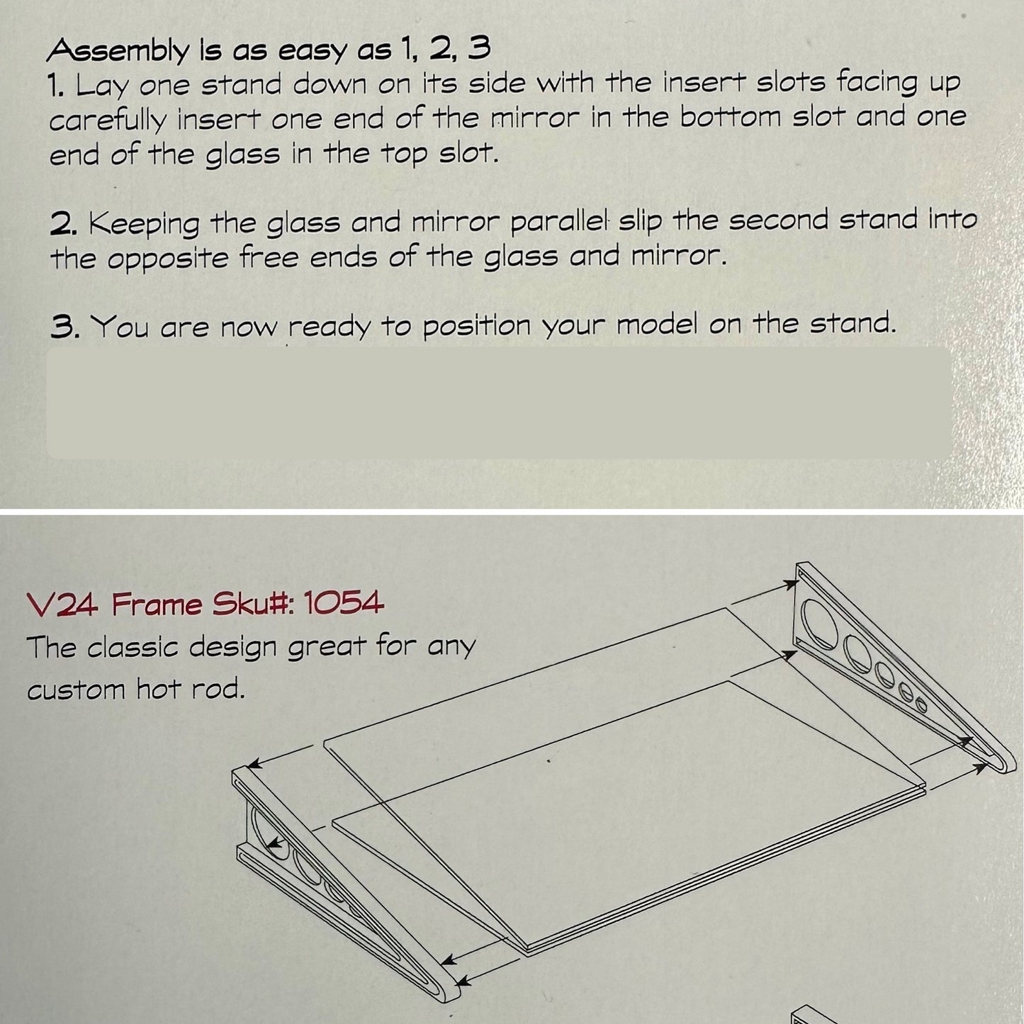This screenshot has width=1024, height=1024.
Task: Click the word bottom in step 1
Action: (732, 117)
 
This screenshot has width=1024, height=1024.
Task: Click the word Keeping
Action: (144, 224)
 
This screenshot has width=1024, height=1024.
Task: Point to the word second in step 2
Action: (778, 220)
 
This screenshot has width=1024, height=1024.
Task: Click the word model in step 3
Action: (657, 324)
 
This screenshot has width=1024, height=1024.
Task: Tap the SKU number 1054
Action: (343, 603)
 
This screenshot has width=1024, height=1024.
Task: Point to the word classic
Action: (133, 647)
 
